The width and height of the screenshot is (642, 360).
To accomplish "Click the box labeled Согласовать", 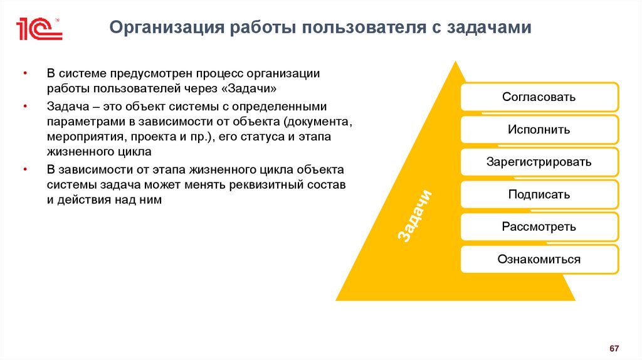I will click(539, 97).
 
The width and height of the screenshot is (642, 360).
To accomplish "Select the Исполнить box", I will click(539, 130).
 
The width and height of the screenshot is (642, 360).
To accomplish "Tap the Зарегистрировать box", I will click(539, 162).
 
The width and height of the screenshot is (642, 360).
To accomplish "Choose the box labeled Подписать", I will click(539, 194).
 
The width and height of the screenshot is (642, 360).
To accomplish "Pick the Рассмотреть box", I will click(539, 226).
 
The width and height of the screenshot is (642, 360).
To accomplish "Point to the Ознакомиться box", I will click(539, 259).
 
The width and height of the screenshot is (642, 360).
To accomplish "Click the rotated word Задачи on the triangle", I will click(412, 214).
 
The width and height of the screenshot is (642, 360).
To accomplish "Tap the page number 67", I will click(614, 348).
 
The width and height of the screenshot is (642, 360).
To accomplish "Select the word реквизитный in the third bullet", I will click(273, 185).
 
